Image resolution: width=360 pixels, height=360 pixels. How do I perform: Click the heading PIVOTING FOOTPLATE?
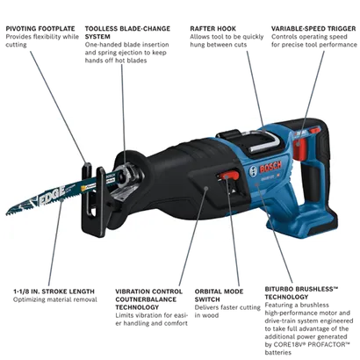[x=40, y=29]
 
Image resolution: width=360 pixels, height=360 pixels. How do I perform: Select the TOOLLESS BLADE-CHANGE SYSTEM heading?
[x=127, y=32]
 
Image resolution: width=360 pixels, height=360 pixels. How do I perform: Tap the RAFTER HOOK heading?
[x=212, y=29]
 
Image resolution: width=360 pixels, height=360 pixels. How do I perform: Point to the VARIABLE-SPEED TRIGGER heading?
[x=313, y=29]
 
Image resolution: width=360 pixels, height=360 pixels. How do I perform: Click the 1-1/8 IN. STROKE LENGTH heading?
[x=54, y=292]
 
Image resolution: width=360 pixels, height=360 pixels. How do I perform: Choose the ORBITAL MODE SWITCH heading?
[x=219, y=295]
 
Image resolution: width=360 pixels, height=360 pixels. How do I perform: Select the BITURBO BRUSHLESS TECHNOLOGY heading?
[x=302, y=293]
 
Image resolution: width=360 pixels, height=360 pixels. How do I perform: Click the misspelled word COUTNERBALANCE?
[x=146, y=299]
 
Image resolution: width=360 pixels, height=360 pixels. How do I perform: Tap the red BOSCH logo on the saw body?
[x=270, y=168]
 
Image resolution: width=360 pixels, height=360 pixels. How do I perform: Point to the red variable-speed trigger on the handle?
[x=299, y=149]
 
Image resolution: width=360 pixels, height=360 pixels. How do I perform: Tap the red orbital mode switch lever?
[x=229, y=176]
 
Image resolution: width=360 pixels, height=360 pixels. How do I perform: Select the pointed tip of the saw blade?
[x=7, y=213]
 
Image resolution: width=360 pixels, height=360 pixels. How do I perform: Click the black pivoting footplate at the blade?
[x=93, y=200]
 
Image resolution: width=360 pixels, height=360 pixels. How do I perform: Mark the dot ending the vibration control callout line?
[x=206, y=188]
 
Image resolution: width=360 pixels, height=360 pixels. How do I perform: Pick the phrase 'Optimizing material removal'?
[x=55, y=299]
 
